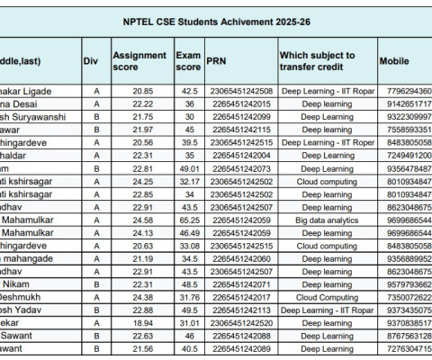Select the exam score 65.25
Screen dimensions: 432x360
click(x=188, y=220)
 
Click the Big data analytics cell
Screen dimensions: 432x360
click(x=327, y=220)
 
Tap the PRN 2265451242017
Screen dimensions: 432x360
click(x=238, y=296)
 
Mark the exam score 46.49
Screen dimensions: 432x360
click(x=188, y=232)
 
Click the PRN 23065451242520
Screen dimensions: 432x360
click(x=238, y=322)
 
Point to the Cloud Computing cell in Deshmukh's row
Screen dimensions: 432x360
click(x=327, y=296)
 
